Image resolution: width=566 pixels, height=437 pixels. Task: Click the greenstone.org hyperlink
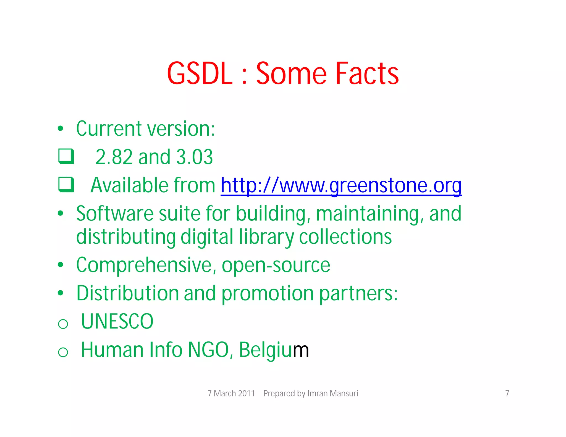pyautogui.click(x=341, y=185)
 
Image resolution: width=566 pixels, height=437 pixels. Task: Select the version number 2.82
pyautogui.click(x=114, y=157)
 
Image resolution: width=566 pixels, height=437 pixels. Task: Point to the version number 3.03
pyautogui.click(x=194, y=157)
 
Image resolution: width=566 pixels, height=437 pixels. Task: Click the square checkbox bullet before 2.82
pyautogui.click(x=66, y=156)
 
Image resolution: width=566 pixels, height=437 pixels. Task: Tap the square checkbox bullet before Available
pyautogui.click(x=66, y=184)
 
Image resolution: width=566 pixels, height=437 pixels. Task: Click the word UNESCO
pyautogui.click(x=117, y=322)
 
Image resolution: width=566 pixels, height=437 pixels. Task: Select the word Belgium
pyautogui.click(x=274, y=350)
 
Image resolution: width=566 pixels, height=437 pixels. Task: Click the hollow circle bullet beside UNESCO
pyautogui.click(x=63, y=324)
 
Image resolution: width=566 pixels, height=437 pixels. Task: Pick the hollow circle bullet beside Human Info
pyautogui.click(x=63, y=352)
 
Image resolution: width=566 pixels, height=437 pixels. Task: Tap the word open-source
pyautogui.click(x=276, y=265)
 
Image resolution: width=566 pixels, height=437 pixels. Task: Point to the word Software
pyautogui.click(x=115, y=214)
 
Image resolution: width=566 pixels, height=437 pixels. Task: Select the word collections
pyautogui.click(x=345, y=237)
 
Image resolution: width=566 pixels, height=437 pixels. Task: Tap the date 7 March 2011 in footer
pyautogui.click(x=231, y=393)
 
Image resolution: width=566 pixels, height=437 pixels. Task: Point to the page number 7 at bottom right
pyautogui.click(x=507, y=393)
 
